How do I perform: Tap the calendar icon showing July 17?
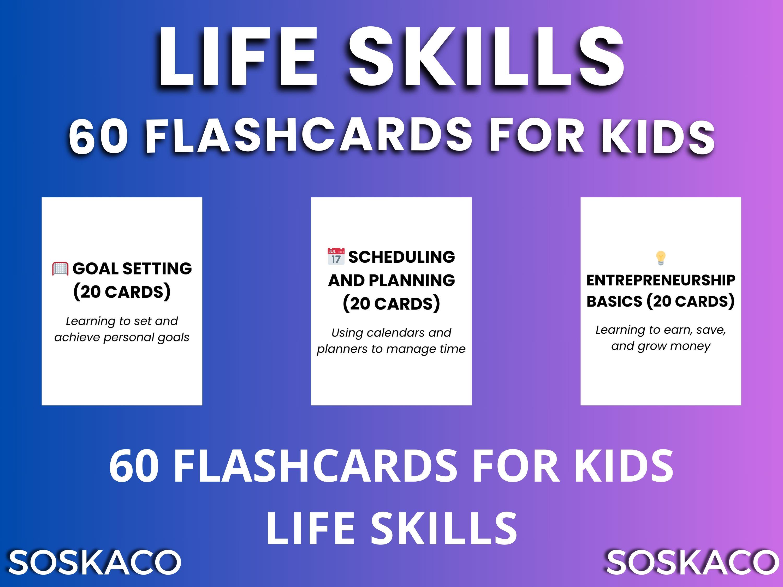336,256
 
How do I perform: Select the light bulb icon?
661,258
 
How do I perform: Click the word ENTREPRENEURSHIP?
661,280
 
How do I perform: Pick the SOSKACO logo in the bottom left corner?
94,562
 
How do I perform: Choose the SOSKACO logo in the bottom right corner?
691,562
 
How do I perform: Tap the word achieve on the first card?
77,337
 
